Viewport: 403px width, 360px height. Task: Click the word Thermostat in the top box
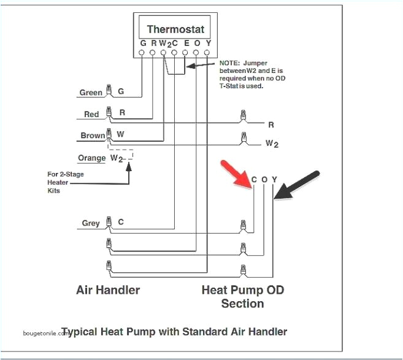175,29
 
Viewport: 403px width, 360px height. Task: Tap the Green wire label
91,93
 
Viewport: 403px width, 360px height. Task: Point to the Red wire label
91,115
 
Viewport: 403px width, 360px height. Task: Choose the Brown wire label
93,136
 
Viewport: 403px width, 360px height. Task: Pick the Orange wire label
92,158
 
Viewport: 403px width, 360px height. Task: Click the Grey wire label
91,224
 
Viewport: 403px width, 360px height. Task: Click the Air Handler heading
107,289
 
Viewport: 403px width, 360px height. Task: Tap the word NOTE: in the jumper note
230,63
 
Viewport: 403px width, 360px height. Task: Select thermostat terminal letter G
143,44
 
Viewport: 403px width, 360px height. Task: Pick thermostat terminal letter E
185,44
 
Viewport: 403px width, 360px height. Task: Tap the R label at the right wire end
271,124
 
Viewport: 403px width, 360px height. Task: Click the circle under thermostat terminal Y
207,53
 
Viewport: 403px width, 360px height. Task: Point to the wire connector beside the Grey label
109,223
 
